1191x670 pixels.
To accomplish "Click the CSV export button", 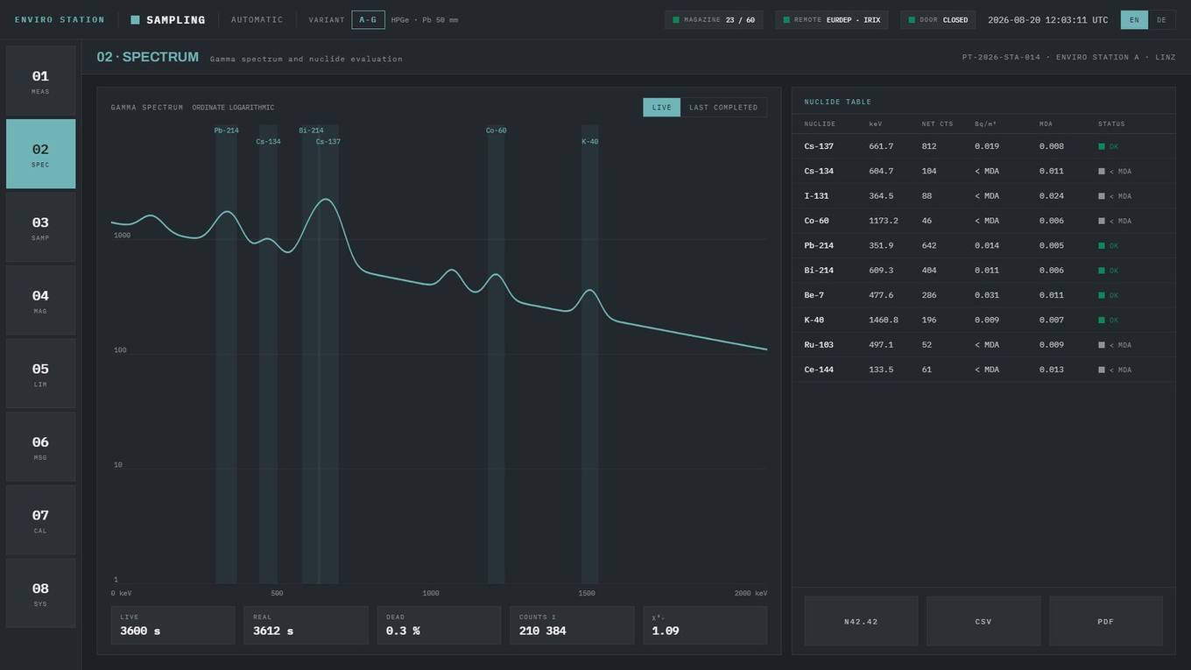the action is pyautogui.click(x=983, y=621).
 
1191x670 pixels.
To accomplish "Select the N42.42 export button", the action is pyautogui.click(x=861, y=621).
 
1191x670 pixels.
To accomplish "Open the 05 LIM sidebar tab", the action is pyautogui.click(x=40, y=374).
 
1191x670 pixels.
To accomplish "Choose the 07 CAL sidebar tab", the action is pyautogui.click(x=40, y=520).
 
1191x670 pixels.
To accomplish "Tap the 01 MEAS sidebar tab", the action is pyautogui.click(x=40, y=81).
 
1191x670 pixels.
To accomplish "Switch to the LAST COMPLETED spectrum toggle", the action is pyautogui.click(x=723, y=108).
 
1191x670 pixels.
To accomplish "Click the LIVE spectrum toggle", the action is pyautogui.click(x=661, y=108).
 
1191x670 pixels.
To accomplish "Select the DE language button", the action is pyautogui.click(x=1161, y=20).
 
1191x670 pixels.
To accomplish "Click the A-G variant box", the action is pyautogui.click(x=368, y=20).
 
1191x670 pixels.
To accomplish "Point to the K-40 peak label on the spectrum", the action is pyautogui.click(x=589, y=142).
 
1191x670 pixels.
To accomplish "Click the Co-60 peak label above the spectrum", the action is pyautogui.click(x=496, y=130).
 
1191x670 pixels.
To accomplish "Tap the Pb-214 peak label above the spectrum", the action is pyautogui.click(x=226, y=130).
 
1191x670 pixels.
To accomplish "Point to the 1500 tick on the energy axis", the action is pyautogui.click(x=587, y=593).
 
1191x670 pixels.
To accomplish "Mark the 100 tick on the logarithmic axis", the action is pyautogui.click(x=120, y=350).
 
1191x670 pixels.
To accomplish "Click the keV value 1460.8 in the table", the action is pyautogui.click(x=883, y=320).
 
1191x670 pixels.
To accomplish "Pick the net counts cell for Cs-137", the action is pyautogui.click(x=929, y=146).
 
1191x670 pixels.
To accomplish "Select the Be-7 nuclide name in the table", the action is pyautogui.click(x=814, y=295).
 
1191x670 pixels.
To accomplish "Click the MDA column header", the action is pyautogui.click(x=1046, y=123).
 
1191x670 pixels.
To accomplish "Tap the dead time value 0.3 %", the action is pyautogui.click(x=403, y=631).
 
